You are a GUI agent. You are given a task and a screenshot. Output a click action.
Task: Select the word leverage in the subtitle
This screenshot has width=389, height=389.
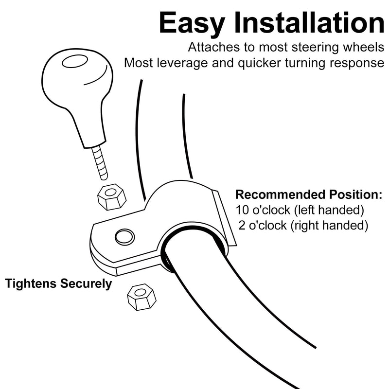182,64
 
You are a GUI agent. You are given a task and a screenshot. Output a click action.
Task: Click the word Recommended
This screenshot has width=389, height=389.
280,194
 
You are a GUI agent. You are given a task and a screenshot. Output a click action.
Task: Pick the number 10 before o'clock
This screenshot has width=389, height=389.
242,210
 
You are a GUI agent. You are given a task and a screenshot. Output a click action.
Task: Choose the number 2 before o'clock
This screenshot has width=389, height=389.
242,226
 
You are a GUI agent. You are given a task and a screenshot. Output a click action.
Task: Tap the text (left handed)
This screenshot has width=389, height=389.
329,211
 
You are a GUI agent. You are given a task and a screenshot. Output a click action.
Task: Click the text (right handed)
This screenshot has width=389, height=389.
329,226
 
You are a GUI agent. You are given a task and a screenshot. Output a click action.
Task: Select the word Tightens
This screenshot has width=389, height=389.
31,283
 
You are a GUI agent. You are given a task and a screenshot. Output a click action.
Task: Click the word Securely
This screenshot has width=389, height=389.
86,284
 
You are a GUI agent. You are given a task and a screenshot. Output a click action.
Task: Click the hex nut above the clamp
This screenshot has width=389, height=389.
112,197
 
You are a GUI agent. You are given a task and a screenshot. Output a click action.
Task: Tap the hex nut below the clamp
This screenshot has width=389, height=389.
141,297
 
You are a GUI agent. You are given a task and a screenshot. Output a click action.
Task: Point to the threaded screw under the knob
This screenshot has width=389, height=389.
100,162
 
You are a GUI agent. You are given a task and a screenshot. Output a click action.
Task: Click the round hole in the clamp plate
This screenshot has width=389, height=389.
125,237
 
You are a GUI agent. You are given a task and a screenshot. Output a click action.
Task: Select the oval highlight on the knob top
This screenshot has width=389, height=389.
75,61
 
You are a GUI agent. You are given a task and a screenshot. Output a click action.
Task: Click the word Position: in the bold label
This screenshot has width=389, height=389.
356,194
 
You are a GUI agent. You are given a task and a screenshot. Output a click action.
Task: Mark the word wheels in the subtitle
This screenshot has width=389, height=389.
363,47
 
